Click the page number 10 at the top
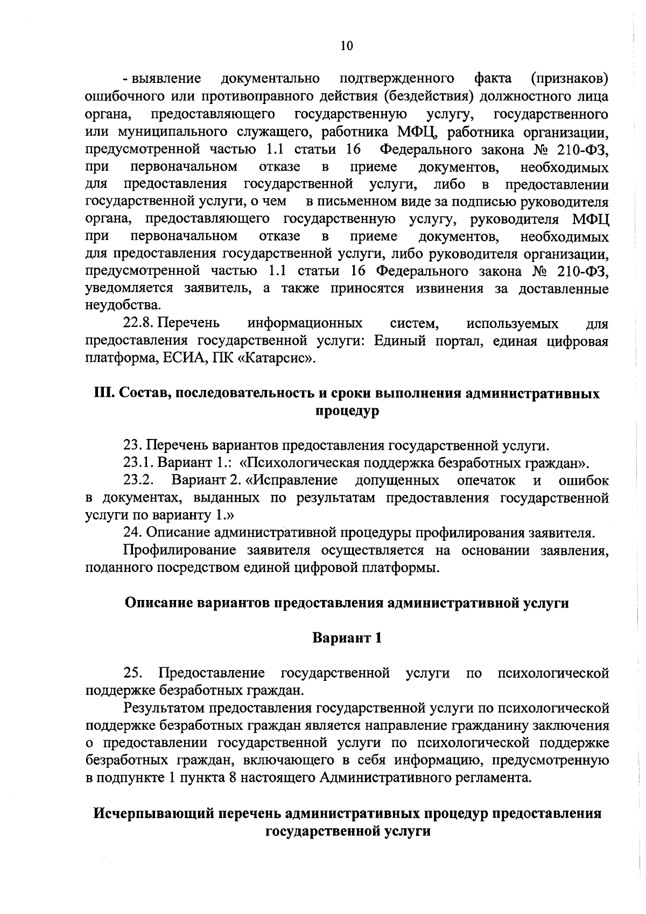[347, 46]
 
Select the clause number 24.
[132, 533]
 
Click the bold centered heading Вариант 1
[347, 638]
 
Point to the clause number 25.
[132, 673]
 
